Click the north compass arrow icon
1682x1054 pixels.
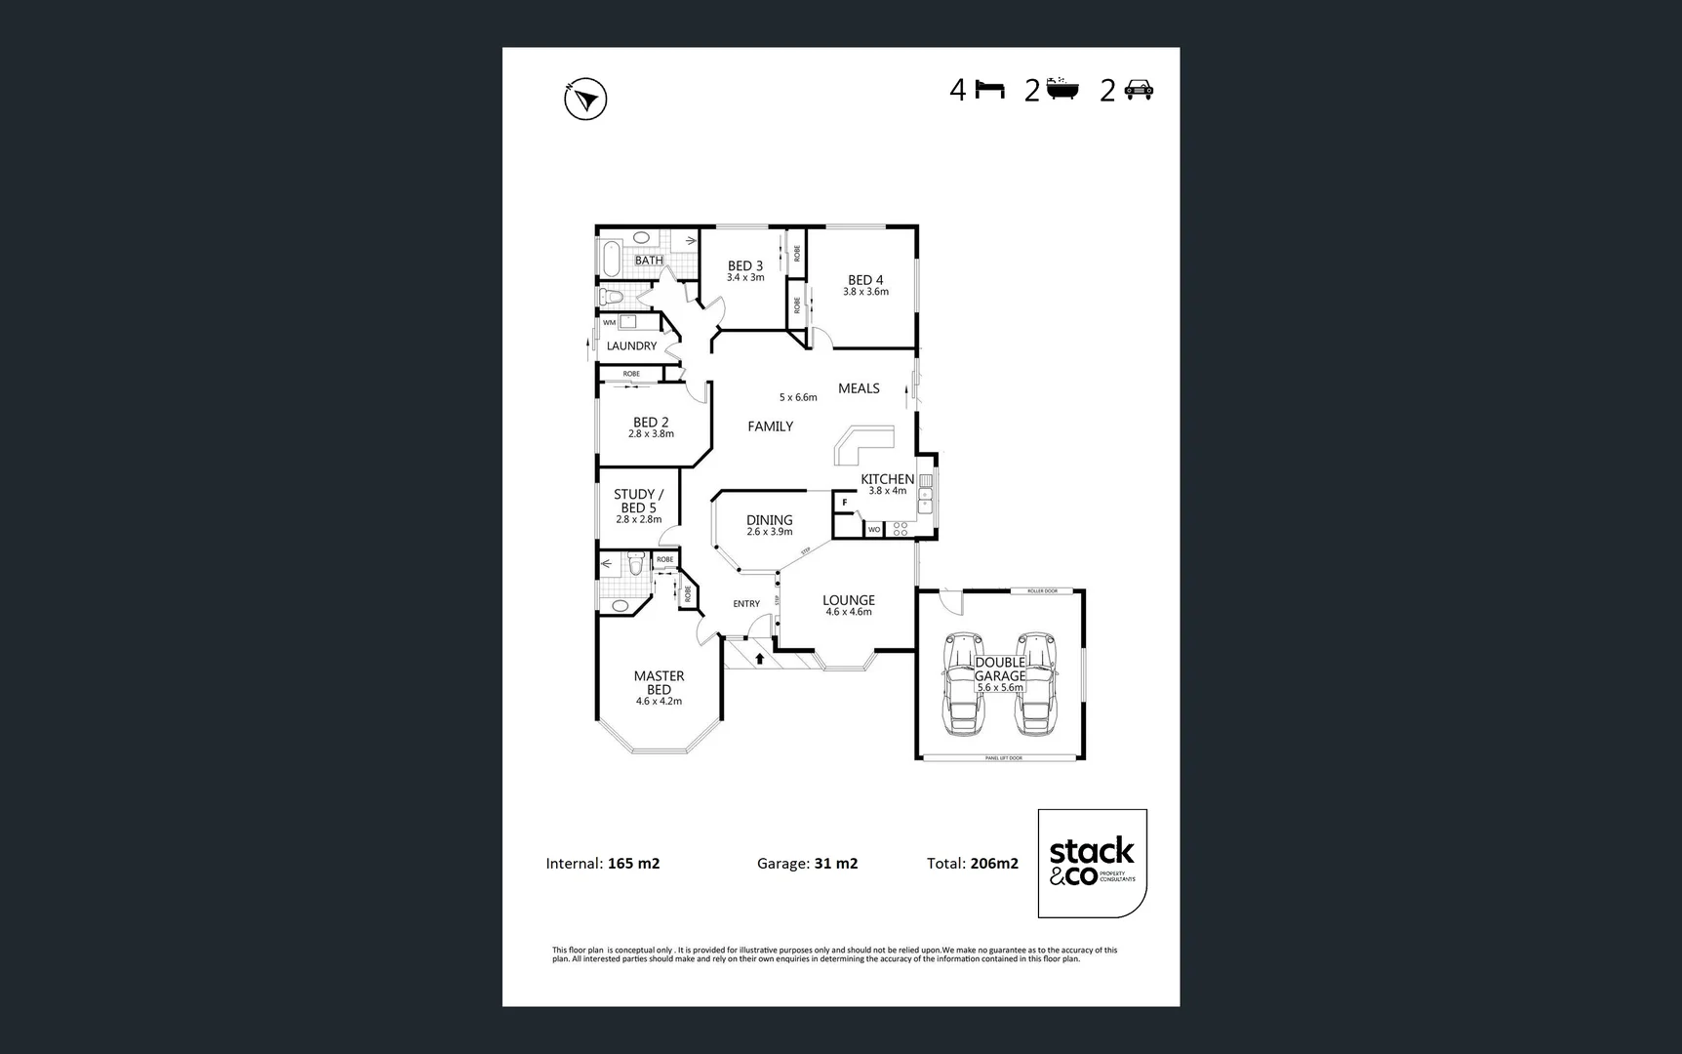[x=585, y=99]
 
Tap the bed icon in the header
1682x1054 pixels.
[x=989, y=91]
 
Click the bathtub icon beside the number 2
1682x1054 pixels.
[x=1062, y=91]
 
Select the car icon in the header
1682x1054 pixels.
[x=1139, y=91]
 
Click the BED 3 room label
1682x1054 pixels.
[x=745, y=265]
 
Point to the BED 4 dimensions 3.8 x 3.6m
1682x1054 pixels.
[x=865, y=292]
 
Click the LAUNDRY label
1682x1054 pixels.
[x=631, y=345]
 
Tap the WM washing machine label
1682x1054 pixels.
[x=609, y=322]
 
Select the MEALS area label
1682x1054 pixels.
[x=859, y=388]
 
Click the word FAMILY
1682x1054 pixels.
[x=770, y=426]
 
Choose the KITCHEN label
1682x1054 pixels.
[x=887, y=479]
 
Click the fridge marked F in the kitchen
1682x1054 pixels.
[x=845, y=503]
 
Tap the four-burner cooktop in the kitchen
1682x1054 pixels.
[x=901, y=529]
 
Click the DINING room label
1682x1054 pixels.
[x=769, y=520]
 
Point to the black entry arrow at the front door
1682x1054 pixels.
[x=759, y=659]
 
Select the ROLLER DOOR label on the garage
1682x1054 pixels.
[x=1042, y=590]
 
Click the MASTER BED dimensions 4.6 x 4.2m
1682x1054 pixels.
[x=659, y=701]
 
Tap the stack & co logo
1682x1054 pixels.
[x=1092, y=863]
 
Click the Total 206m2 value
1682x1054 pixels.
[x=994, y=864]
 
